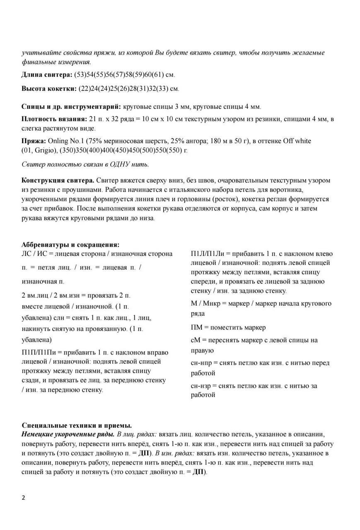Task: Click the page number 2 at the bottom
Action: point(23,498)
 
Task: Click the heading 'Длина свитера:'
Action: point(46,75)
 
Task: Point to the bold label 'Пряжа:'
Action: point(34,141)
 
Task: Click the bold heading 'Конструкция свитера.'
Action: point(58,181)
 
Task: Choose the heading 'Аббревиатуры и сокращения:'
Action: point(70,245)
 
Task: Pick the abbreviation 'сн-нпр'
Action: point(202,363)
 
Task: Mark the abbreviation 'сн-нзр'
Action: point(202,386)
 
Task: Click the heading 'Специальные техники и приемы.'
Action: point(77,425)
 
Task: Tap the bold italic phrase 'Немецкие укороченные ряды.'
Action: point(68,434)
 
